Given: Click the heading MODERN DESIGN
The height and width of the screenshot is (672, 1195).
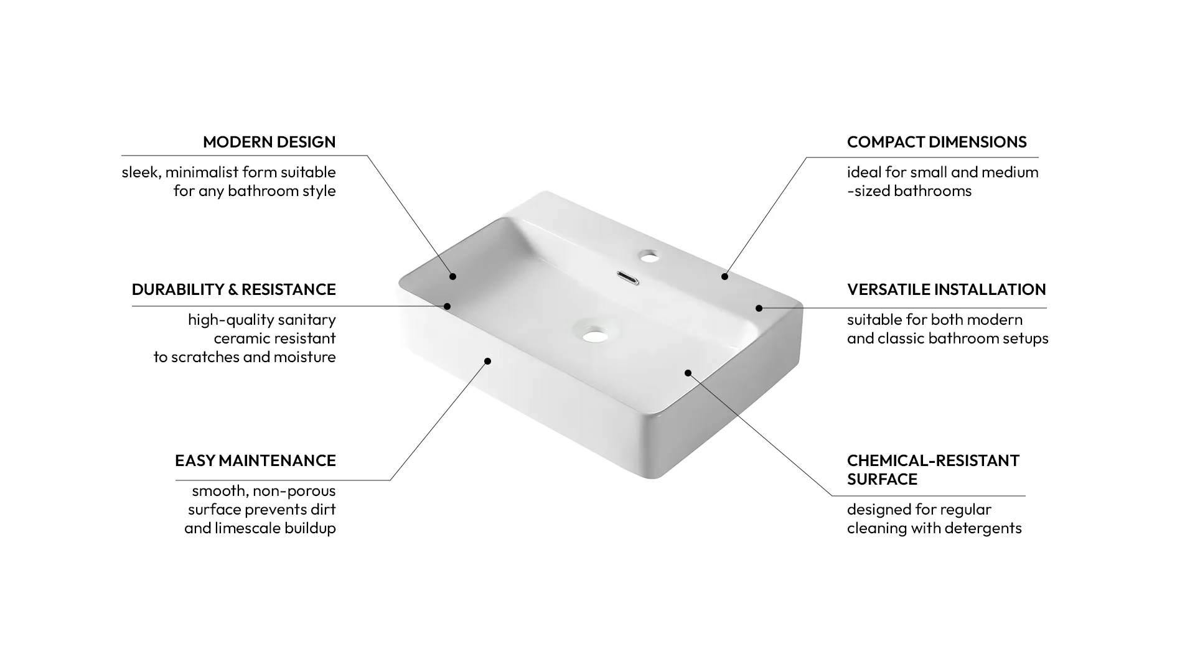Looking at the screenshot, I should click(269, 142).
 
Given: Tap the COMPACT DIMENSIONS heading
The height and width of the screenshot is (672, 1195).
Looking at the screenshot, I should click(937, 142).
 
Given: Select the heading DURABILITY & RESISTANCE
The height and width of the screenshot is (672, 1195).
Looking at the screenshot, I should click(233, 289).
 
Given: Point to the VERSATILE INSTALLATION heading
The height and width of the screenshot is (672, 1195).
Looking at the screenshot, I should click(946, 289).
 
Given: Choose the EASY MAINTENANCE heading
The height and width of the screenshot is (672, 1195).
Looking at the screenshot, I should click(255, 460).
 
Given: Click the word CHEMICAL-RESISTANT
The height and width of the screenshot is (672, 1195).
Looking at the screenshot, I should click(933, 460).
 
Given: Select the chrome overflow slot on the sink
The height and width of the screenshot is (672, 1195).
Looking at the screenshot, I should click(628, 278).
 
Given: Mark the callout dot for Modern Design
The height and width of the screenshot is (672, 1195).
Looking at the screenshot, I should click(453, 276).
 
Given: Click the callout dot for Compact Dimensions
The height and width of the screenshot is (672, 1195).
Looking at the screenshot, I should click(724, 276).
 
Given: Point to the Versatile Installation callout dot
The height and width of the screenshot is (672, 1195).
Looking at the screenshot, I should click(759, 308).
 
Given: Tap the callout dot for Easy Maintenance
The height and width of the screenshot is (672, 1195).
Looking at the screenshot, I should click(488, 361).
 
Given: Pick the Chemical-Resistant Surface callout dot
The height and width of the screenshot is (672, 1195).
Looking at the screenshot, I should click(688, 373).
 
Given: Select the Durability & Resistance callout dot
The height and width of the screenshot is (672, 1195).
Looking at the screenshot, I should click(447, 306).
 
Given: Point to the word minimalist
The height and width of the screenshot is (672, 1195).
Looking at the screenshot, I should click(202, 172).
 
